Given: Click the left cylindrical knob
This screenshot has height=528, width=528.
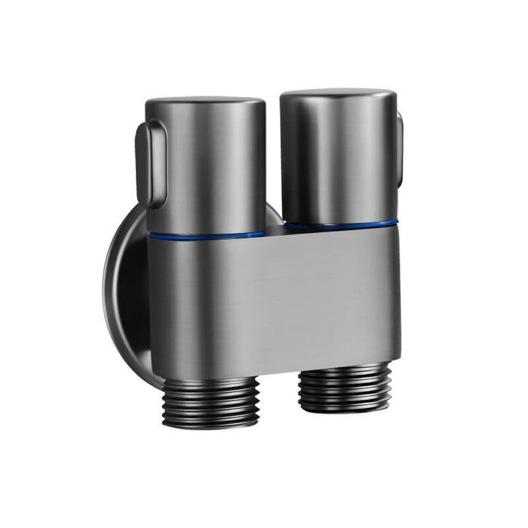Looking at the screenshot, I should [x=206, y=166].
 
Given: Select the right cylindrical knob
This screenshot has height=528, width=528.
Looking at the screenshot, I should [x=338, y=158].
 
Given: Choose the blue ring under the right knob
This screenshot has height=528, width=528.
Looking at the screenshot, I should [x=339, y=224].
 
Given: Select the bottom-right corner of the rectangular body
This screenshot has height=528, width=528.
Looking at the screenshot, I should [x=398, y=356].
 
